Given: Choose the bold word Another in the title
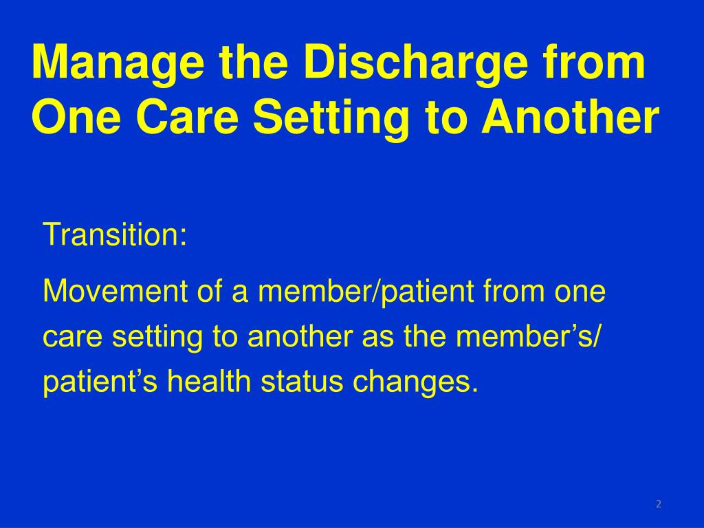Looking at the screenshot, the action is (570, 117).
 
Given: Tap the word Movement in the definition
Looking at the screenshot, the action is (115, 291).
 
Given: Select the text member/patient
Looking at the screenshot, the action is (366, 292).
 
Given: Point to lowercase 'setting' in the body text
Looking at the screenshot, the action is (157, 338).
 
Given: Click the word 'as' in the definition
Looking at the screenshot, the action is (378, 340).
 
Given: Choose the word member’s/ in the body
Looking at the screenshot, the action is (528, 337).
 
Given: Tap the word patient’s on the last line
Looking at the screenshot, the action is (100, 382).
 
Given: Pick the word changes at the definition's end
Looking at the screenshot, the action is (412, 383).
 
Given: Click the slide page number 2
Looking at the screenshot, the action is (659, 504).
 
